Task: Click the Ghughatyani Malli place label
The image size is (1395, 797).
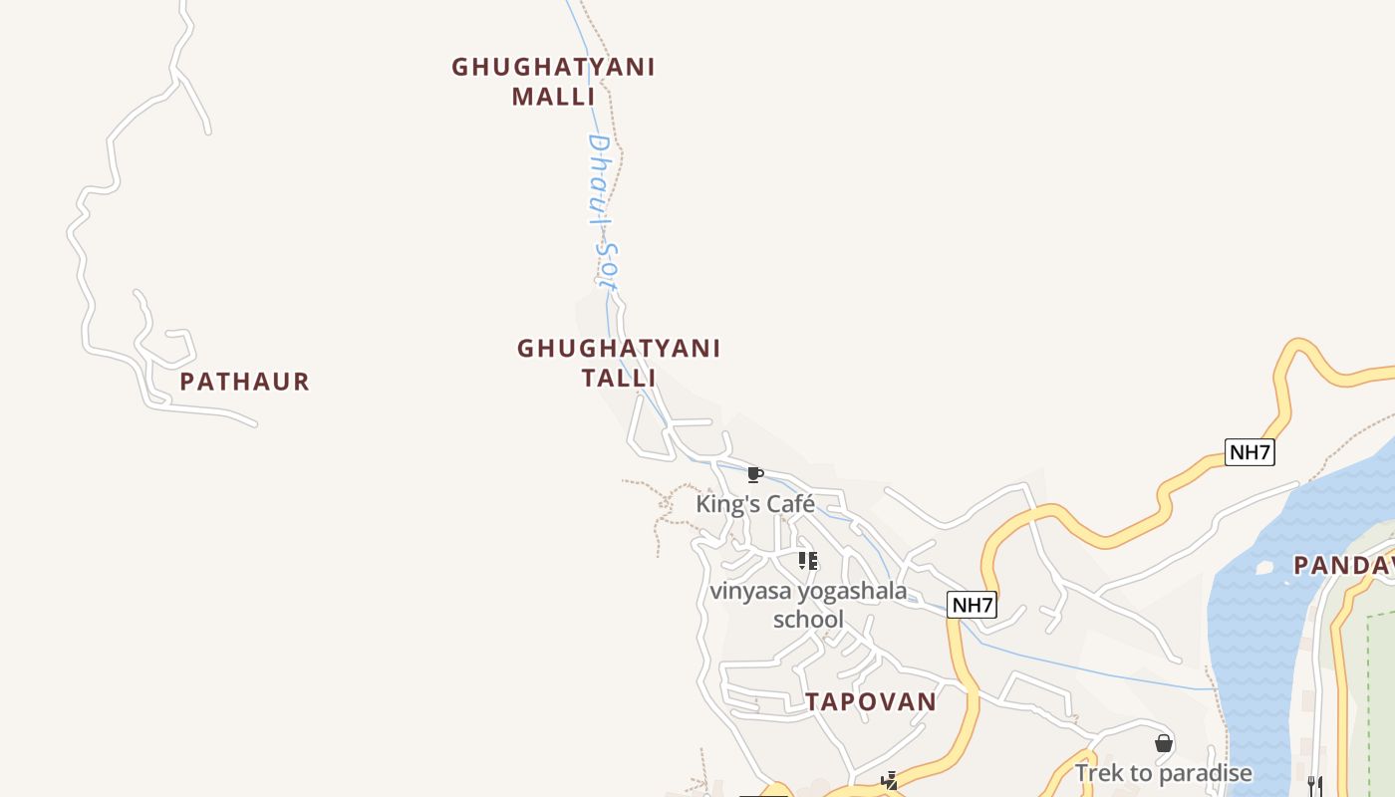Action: (x=553, y=81)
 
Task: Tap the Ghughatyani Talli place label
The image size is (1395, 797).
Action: (x=619, y=363)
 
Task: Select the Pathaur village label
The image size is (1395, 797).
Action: (x=245, y=382)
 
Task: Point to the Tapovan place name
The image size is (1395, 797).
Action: (x=871, y=701)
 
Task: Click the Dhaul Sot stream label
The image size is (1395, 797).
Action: (x=602, y=211)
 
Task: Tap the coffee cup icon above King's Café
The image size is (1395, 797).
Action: (x=754, y=474)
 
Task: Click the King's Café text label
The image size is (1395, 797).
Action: (x=755, y=504)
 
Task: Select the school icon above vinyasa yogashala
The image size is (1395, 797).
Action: (x=808, y=561)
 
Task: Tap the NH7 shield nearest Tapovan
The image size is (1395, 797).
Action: (x=972, y=605)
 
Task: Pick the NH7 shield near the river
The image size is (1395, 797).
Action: (x=1250, y=452)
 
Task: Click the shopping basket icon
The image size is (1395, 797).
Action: (x=1163, y=743)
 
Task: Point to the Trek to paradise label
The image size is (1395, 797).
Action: (x=1163, y=773)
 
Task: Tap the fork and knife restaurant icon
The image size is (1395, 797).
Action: (x=1315, y=785)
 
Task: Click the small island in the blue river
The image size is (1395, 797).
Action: (x=1264, y=568)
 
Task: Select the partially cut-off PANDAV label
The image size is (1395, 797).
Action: (x=1344, y=566)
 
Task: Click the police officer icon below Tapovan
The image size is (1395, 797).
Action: (x=890, y=781)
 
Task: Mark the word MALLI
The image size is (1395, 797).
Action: (x=553, y=97)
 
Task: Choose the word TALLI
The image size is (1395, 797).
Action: (x=619, y=379)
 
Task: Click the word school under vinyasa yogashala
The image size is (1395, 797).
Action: (x=808, y=620)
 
